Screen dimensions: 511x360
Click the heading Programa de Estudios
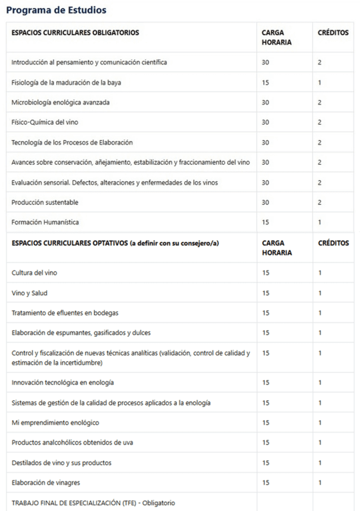(56, 10)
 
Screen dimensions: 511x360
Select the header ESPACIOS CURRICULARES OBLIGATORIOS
(75, 33)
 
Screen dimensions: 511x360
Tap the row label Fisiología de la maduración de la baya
(66, 82)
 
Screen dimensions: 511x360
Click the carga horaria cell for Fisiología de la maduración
(265, 82)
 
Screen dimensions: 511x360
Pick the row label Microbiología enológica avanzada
(60, 102)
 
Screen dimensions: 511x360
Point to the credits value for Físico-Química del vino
(320, 122)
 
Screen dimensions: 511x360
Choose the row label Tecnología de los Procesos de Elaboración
(72, 142)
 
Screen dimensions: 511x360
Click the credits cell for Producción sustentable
(320, 202)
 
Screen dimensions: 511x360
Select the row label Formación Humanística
(45, 222)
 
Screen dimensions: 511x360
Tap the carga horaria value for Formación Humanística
(265, 222)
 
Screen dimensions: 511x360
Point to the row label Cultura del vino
(38, 273)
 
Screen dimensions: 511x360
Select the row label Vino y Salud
(29, 293)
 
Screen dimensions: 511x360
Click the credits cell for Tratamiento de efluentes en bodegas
(320, 313)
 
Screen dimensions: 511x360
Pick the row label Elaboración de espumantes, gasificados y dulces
(81, 333)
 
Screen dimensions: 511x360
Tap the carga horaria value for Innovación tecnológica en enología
(265, 383)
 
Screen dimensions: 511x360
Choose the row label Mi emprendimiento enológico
(55, 423)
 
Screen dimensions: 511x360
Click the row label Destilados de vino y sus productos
(61, 463)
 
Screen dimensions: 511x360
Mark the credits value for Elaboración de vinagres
(320, 483)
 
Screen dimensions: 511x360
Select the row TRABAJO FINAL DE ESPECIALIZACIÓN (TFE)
(93, 503)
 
